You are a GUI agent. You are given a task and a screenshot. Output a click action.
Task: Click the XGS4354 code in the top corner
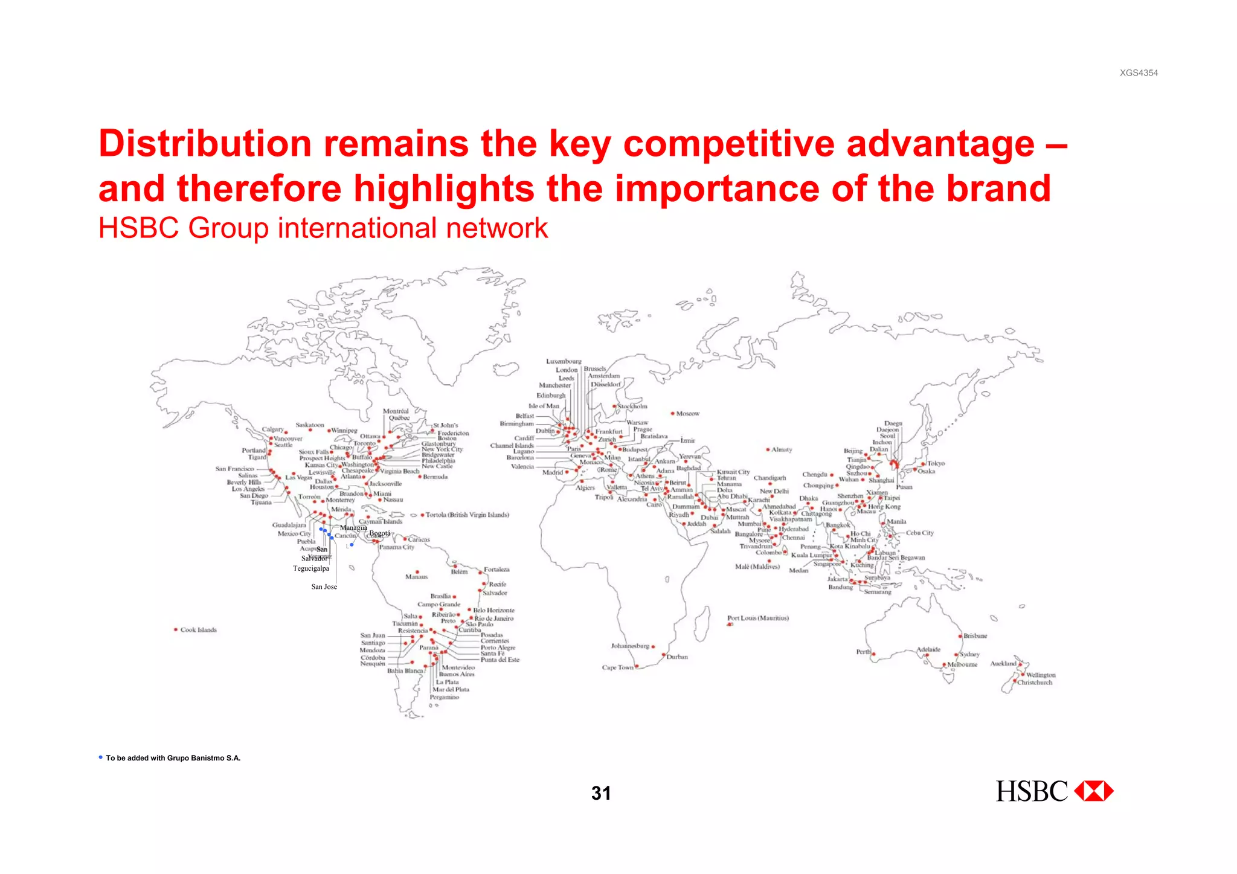tap(1139, 73)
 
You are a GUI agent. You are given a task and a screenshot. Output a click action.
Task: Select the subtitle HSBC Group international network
tap(323, 228)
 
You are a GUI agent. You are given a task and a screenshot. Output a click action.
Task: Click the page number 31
tap(601, 793)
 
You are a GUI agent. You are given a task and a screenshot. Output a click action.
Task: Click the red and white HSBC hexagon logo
tap(1094, 791)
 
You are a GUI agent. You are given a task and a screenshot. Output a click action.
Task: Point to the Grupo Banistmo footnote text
tap(173, 758)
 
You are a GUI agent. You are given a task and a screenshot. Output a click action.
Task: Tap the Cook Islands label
tap(198, 630)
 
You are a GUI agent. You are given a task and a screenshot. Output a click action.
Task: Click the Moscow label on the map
tap(687, 414)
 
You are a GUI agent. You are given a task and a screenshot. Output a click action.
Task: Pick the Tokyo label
tap(936, 463)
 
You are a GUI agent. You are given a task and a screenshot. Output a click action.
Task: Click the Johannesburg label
tap(630, 646)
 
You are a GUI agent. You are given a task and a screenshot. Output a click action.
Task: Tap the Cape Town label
tap(617, 667)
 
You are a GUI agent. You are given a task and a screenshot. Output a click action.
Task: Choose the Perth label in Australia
tap(863, 652)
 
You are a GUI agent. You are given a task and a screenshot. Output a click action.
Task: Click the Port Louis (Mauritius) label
tap(757, 618)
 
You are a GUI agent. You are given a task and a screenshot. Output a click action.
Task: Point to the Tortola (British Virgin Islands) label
tap(467, 515)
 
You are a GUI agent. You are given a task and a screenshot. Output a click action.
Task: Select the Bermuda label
tap(435, 477)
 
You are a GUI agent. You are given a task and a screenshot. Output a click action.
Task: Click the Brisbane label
tap(975, 635)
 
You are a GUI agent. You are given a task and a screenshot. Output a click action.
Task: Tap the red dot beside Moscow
tap(672, 414)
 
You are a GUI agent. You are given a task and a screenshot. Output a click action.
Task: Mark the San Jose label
tap(324, 586)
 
